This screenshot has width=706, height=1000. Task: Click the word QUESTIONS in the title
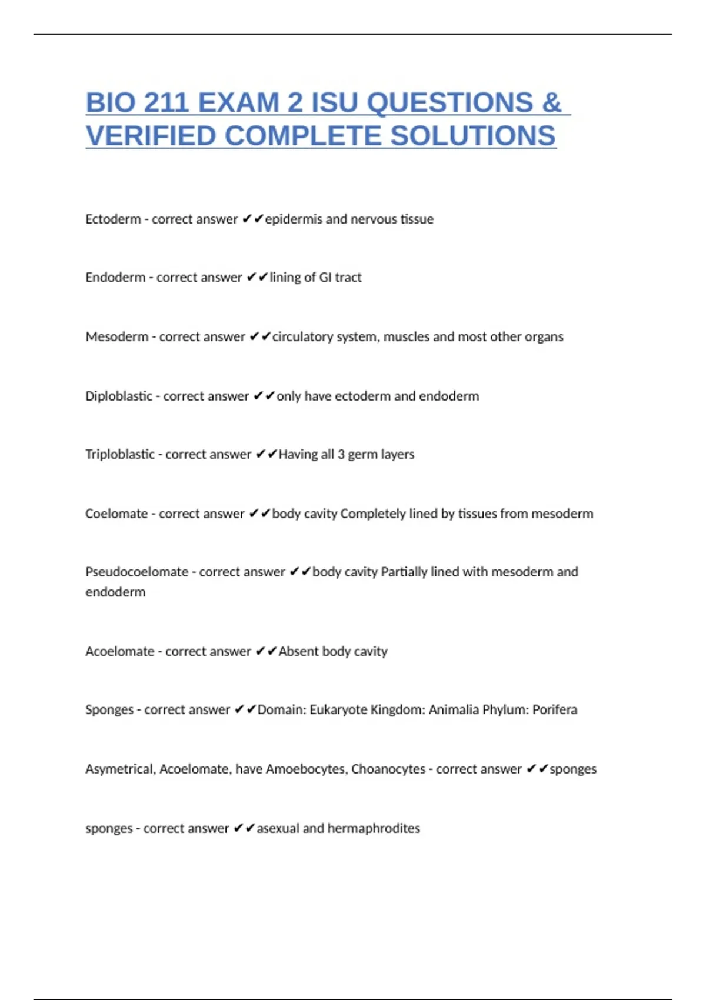click(x=450, y=103)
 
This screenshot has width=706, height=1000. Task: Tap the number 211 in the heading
click(x=165, y=103)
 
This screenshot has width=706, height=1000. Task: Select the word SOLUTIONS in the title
click(x=473, y=136)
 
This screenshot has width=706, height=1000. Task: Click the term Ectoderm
click(x=113, y=219)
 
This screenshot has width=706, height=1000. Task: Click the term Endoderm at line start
click(x=115, y=278)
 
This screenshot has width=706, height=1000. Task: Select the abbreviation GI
click(x=325, y=278)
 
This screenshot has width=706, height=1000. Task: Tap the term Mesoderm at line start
click(x=117, y=337)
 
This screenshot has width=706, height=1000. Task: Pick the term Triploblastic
click(x=120, y=455)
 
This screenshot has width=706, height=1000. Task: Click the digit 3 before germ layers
click(x=341, y=455)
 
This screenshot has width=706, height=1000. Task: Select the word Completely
click(x=373, y=514)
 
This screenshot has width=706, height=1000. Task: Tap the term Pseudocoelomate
click(x=136, y=572)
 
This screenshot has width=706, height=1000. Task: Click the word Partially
click(x=404, y=572)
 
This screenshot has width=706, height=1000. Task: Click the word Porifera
click(x=555, y=710)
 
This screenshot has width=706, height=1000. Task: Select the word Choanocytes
click(x=388, y=769)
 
